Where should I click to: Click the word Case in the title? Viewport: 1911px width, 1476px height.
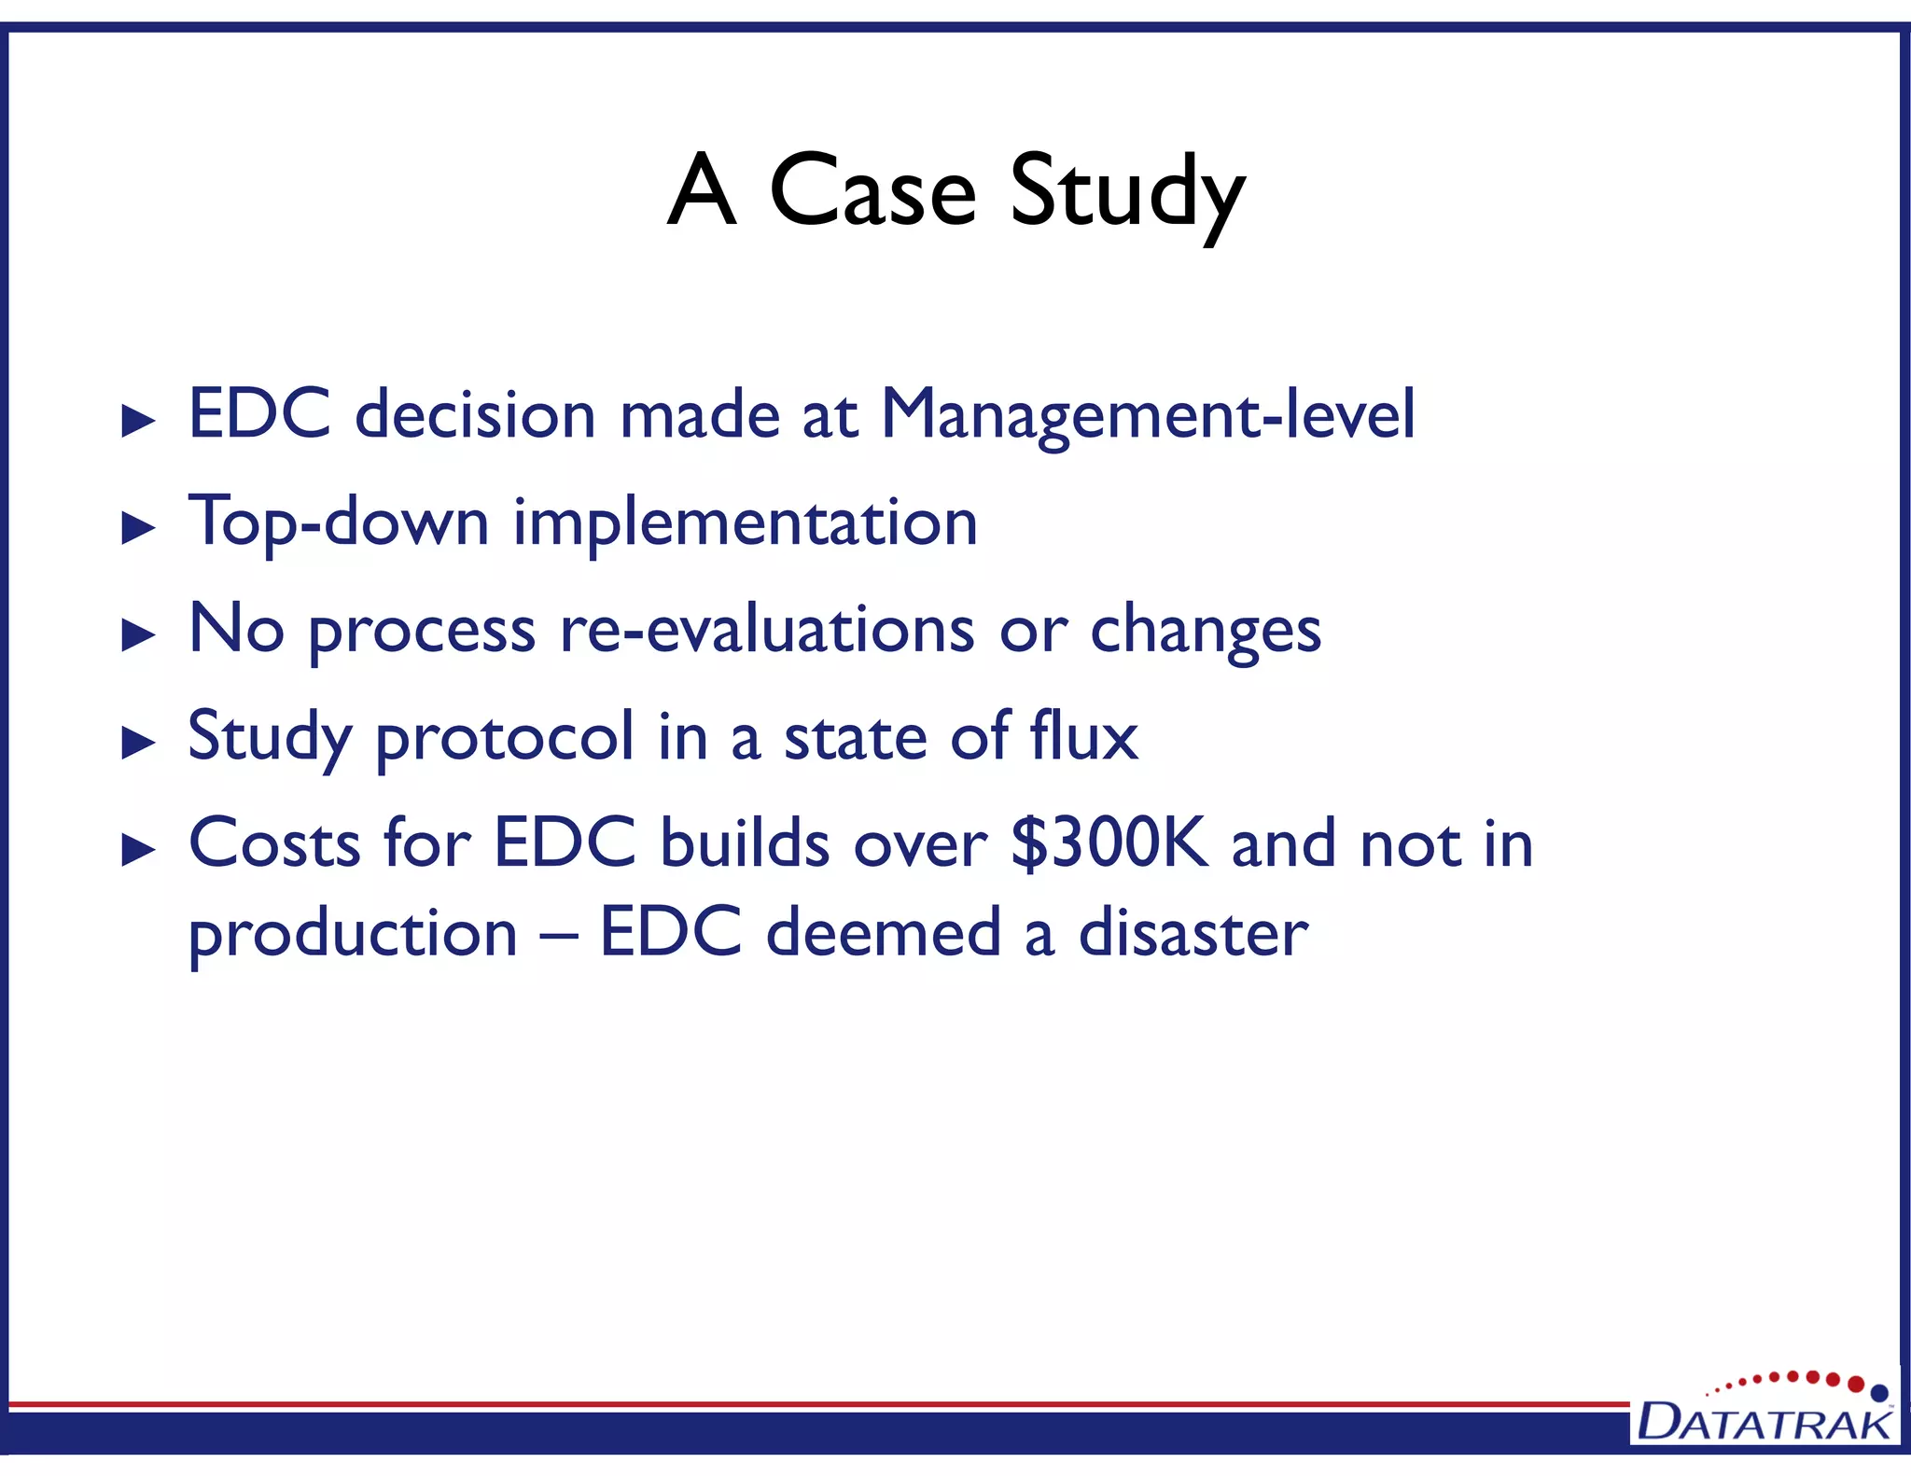(x=872, y=191)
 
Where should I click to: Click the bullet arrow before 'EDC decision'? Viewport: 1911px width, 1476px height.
(x=139, y=422)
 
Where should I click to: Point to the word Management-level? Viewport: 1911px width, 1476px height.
(x=1148, y=415)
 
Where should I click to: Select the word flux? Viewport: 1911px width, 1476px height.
(x=1083, y=736)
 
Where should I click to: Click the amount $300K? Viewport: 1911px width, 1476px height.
(x=1109, y=843)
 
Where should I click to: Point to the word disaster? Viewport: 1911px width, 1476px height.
(x=1193, y=933)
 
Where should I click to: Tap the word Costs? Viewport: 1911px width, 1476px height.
(x=274, y=843)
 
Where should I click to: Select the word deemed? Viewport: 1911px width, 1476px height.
(x=883, y=933)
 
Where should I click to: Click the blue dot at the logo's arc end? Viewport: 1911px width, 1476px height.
(x=1879, y=1393)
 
